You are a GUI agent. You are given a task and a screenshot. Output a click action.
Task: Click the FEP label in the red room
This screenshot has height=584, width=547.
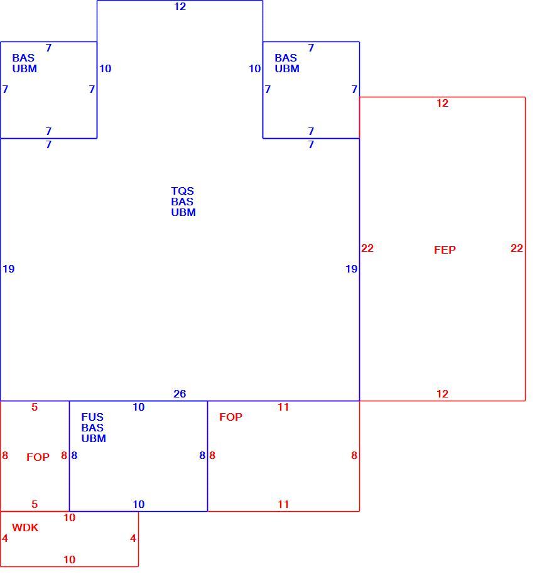(x=445, y=249)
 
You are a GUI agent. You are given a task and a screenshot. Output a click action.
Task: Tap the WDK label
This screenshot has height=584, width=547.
(x=25, y=527)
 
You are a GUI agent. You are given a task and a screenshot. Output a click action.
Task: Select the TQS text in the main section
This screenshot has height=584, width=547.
(x=183, y=191)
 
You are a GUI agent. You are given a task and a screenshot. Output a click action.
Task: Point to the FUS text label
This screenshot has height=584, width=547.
(x=92, y=417)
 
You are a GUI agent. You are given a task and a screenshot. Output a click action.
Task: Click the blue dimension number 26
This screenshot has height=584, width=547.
(x=180, y=394)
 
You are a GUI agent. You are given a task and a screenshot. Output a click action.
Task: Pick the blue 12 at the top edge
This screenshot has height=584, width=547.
(x=180, y=6)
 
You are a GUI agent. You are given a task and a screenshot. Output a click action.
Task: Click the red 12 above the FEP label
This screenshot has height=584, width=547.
(x=442, y=103)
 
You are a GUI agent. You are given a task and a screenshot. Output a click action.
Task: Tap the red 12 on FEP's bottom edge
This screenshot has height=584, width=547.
(x=442, y=394)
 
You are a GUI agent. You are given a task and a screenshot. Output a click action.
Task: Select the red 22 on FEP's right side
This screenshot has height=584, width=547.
(x=516, y=248)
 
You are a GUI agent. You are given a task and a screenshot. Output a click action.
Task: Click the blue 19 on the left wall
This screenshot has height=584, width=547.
(x=9, y=269)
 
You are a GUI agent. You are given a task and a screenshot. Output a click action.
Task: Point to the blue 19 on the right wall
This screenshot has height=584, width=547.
(x=352, y=269)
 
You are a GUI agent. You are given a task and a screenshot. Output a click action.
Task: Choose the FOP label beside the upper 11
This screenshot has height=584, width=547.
(x=230, y=417)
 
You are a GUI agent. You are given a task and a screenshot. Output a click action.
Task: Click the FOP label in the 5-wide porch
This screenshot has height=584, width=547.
(x=38, y=457)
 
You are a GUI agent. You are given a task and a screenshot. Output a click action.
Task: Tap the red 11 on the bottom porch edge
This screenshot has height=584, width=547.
(x=283, y=504)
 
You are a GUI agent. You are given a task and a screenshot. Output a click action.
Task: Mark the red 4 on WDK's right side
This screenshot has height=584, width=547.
(x=133, y=538)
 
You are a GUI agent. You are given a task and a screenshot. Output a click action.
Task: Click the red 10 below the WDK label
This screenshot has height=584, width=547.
(x=69, y=560)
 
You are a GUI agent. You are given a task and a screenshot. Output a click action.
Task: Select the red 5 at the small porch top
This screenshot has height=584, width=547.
(x=35, y=407)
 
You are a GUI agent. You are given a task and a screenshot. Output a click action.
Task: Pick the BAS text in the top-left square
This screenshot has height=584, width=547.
(x=23, y=58)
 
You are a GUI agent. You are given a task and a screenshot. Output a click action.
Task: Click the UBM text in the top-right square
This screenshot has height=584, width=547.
(x=287, y=68)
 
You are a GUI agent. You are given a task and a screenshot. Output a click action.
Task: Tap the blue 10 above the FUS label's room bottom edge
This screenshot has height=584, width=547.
(x=139, y=504)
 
